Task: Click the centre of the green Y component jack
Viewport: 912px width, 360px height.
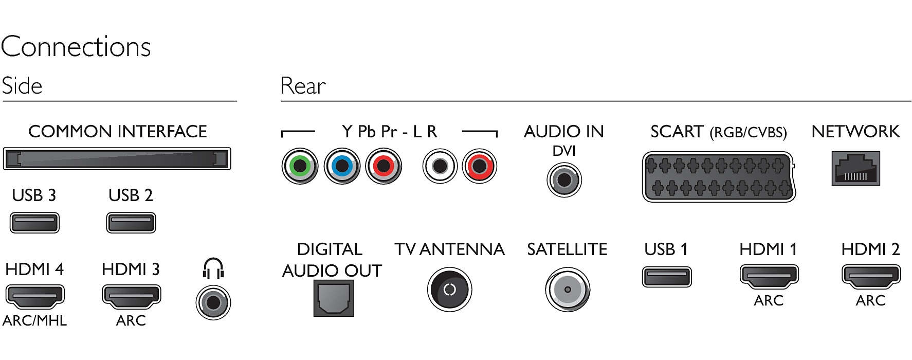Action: coord(300,166)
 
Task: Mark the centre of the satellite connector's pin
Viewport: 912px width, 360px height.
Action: coord(568,290)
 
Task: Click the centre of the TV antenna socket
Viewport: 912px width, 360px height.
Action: coord(449,290)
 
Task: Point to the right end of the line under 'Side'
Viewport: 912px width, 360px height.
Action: coord(236,101)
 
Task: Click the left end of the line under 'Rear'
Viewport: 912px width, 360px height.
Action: coord(281,101)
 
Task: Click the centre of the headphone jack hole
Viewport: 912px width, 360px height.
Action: coord(213,302)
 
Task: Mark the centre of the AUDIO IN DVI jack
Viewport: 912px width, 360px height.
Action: coord(564,180)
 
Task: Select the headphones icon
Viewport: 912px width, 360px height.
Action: coord(213,268)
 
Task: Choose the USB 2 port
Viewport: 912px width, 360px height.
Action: coord(131,223)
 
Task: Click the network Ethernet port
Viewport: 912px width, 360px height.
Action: coord(856,168)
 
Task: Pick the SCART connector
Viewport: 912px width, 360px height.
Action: coord(719,176)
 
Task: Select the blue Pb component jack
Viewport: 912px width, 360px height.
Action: coord(342,166)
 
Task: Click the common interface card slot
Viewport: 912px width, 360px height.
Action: coord(117,158)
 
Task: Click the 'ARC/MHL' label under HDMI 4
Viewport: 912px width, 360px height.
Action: coord(34,320)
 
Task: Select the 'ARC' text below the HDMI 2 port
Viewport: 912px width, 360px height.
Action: coord(870,300)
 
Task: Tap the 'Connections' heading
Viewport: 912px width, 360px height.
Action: coord(76,47)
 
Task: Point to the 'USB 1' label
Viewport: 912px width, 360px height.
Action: coord(666,249)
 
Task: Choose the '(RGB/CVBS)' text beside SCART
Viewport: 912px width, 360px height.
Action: coord(749,133)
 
